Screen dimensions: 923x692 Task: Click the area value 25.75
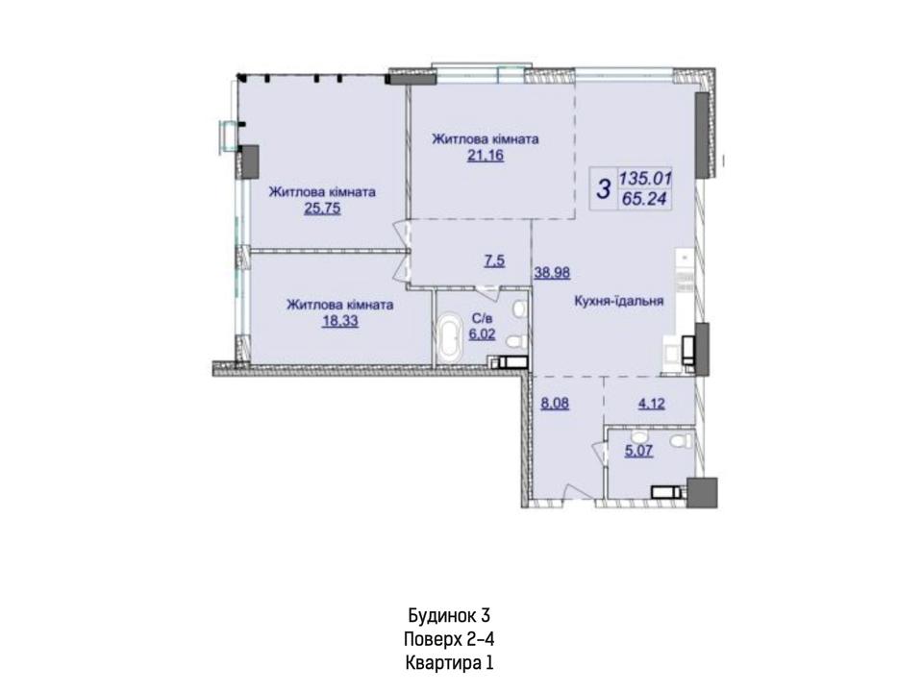point(322,209)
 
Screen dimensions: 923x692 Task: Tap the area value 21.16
point(486,156)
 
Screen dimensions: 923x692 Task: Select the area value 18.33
point(340,321)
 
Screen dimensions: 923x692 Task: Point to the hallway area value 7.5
point(494,260)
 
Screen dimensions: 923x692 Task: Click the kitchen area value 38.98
point(552,272)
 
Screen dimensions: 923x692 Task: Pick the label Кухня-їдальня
point(619,301)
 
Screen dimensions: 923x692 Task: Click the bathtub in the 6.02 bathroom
point(450,336)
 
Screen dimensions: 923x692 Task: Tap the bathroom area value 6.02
point(482,334)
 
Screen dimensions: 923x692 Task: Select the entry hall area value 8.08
point(555,405)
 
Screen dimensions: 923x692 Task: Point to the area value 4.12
point(652,405)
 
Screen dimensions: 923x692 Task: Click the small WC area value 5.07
point(638,452)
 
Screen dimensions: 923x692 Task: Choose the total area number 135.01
point(645,179)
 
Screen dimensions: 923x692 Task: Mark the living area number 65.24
point(644,199)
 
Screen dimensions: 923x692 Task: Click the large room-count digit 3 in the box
point(604,189)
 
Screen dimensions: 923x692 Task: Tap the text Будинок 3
point(450,615)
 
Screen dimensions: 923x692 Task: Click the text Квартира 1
point(449,663)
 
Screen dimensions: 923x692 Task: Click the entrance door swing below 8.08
point(574,492)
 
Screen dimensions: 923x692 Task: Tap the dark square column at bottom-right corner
point(702,492)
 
